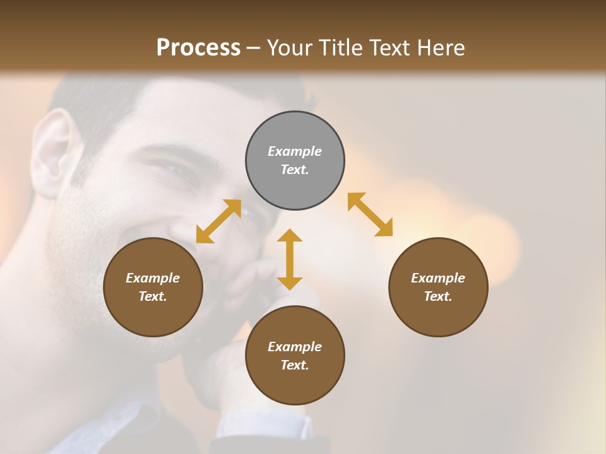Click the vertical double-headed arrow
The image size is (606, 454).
tap(290, 259)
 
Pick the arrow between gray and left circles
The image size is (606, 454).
tap(218, 221)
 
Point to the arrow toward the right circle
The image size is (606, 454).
tap(370, 214)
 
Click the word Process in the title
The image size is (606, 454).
tap(198, 47)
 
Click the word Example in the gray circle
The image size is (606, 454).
tap(295, 151)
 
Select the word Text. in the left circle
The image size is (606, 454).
tap(153, 296)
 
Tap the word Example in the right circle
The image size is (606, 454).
tap(438, 278)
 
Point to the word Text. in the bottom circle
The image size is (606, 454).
tap(295, 365)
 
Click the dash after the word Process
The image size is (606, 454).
tap(254, 48)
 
